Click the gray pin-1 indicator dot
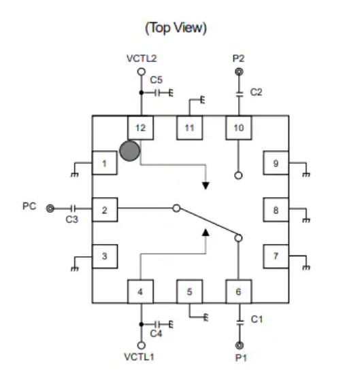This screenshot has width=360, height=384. click(130, 151)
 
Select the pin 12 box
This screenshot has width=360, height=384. click(140, 128)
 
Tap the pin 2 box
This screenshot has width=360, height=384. click(105, 209)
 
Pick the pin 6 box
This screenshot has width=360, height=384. click(238, 292)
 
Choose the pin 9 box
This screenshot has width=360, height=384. click(276, 163)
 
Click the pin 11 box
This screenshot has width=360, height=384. click(190, 128)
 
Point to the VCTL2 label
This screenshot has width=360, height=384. click(142, 58)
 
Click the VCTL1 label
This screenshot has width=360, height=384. click(139, 357)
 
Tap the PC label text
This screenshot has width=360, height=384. click(29, 206)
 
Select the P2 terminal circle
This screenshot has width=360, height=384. click(239, 72)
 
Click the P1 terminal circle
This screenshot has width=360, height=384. click(240, 345)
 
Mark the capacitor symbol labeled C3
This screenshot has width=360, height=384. click(73, 209)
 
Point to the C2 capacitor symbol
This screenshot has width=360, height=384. click(240, 94)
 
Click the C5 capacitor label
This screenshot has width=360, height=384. click(157, 80)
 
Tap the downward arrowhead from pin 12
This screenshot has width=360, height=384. click(206, 186)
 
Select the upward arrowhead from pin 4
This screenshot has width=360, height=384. click(206, 232)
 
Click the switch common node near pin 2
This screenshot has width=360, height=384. click(176, 208)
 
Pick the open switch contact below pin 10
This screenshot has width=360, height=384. click(238, 175)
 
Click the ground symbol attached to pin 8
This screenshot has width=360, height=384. click(306, 220)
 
